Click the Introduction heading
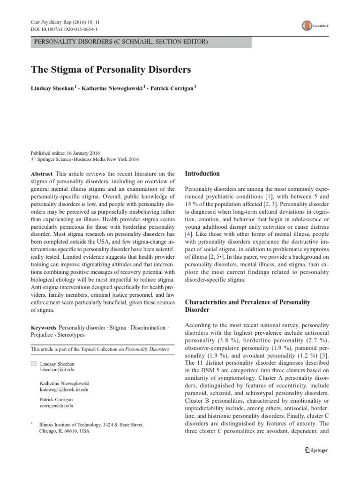tap(202, 173)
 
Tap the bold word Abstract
tap(41, 173)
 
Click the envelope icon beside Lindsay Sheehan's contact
tap(33, 364)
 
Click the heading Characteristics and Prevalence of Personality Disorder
tap(247, 306)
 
